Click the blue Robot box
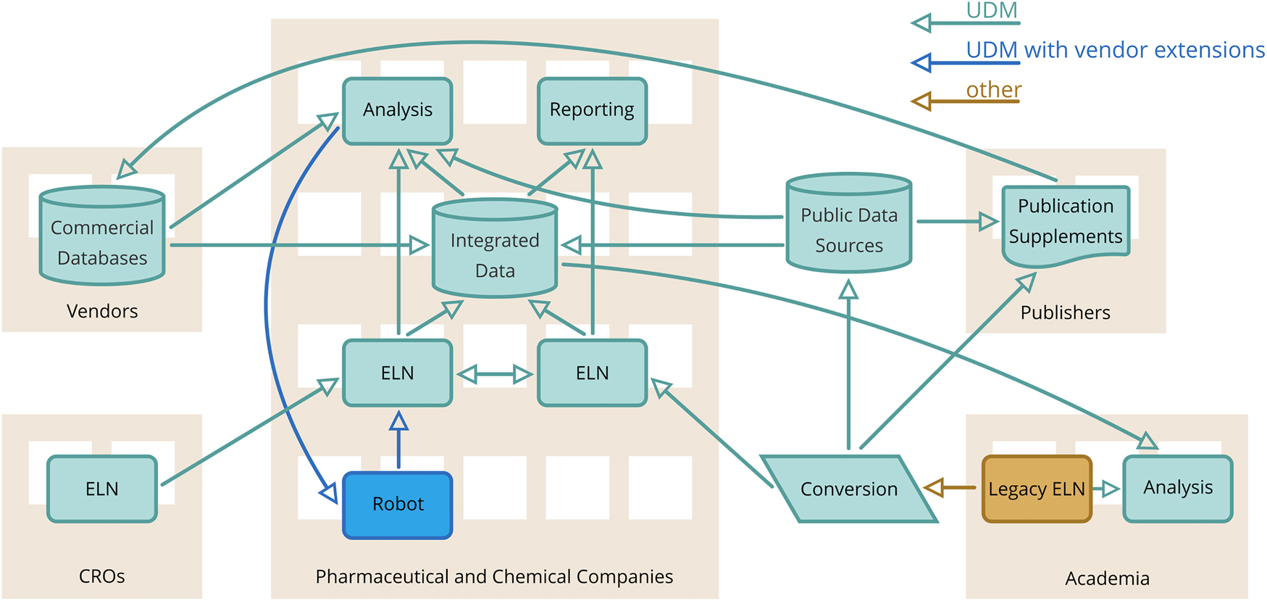tap(397, 505)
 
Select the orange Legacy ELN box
tap(1036, 489)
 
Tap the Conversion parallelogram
tap(848, 489)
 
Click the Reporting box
tap(592, 110)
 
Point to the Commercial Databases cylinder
tap(102, 237)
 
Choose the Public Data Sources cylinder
tap(848, 225)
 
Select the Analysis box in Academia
tap(1177, 488)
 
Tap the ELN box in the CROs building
tap(102, 489)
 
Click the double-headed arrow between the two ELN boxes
tap(495, 375)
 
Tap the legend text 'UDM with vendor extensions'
tap(1115, 50)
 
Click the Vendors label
tap(102, 311)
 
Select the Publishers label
tap(1065, 312)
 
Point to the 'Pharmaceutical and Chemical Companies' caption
tap(494, 576)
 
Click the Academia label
tap(1107, 579)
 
